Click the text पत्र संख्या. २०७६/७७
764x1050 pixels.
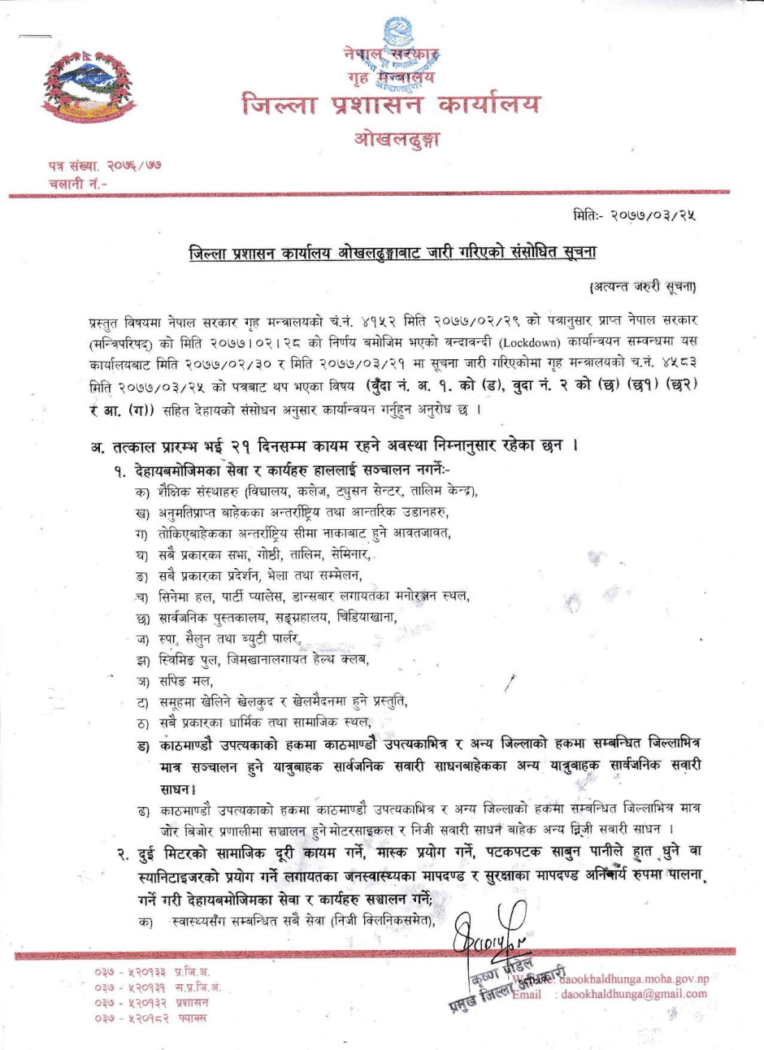[x=104, y=166]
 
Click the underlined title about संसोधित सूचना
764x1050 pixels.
[x=392, y=253]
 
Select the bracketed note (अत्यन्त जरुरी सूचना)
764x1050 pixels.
[x=642, y=286]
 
